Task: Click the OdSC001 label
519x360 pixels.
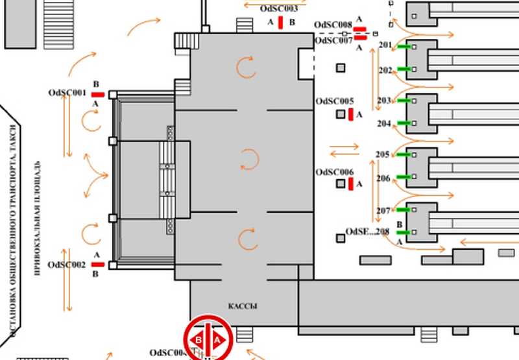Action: point(67,93)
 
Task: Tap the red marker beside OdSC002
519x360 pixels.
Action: point(98,265)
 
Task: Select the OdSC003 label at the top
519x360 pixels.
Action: point(278,9)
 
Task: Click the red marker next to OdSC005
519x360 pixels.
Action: point(351,115)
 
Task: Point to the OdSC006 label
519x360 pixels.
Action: point(335,172)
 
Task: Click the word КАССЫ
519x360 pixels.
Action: point(243,306)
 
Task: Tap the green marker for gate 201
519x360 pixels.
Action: point(405,47)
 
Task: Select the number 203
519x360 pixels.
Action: point(384,101)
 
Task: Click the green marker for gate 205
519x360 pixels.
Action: point(402,155)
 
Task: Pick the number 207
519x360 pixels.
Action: point(383,211)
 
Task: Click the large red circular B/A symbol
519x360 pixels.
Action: point(208,339)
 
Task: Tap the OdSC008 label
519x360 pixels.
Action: point(333,25)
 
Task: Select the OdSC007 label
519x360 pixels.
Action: point(333,40)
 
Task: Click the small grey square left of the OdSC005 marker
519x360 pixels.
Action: point(341,114)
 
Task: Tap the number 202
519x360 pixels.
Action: point(385,70)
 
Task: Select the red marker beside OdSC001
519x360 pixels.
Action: point(97,95)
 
